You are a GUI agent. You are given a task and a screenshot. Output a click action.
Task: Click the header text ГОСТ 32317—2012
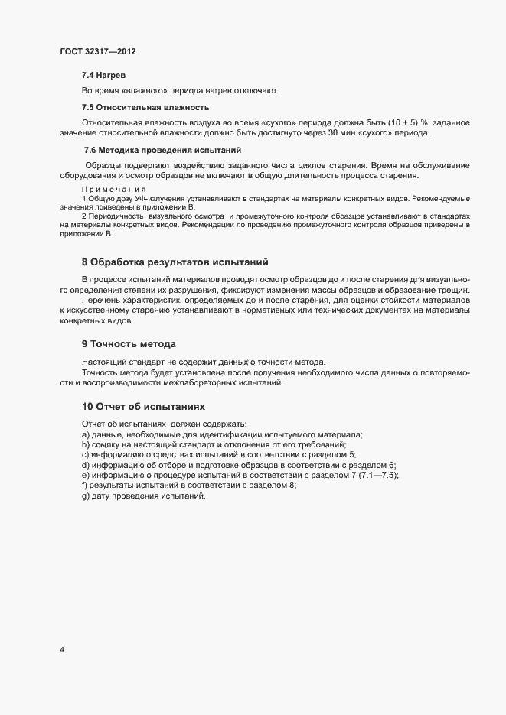[x=98, y=51]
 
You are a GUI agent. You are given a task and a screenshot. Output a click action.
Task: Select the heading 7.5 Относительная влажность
[x=145, y=107]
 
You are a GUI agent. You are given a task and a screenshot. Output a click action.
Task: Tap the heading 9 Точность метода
[x=129, y=344]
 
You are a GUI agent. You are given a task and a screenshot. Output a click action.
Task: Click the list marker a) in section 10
[x=86, y=434]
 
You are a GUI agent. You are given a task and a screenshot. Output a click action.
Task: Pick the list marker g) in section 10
[x=86, y=496]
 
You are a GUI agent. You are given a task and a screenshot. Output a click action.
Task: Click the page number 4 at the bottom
[x=62, y=650]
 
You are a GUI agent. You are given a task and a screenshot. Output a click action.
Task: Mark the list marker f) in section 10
[x=85, y=486]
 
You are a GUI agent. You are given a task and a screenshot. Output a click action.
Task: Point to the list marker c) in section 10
[x=86, y=455]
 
